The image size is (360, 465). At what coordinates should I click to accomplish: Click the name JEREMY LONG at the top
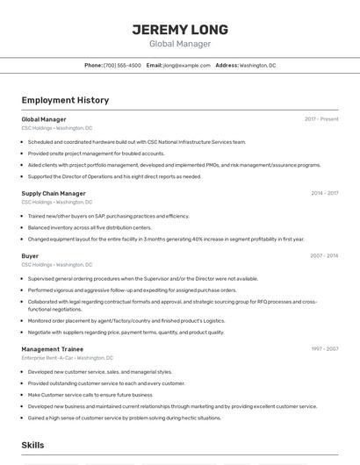coord(180,29)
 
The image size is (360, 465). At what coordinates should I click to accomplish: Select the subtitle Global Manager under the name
coord(180,44)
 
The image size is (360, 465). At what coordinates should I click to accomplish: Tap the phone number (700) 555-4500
coord(122,65)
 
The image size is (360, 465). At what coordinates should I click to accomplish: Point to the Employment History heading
coord(65,100)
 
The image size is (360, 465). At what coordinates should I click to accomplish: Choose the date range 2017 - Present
coord(321,118)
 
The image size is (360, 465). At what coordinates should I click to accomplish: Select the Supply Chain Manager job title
coord(54,193)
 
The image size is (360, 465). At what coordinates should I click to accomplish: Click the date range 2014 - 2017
coord(324,193)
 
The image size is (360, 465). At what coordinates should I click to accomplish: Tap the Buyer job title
coord(30,256)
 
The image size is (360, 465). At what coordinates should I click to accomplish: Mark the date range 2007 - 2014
coord(324,256)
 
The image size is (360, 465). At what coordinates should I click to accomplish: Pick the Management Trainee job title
coord(54,349)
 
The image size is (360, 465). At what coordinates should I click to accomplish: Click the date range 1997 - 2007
coord(324,349)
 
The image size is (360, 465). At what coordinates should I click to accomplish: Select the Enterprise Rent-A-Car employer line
coord(68,358)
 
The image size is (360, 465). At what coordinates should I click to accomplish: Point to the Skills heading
coord(33,446)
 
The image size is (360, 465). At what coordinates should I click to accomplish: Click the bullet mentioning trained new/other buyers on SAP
coord(108,216)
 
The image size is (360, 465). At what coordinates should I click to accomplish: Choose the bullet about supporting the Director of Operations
coord(114,175)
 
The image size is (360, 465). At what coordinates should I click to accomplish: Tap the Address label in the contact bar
coord(227,65)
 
